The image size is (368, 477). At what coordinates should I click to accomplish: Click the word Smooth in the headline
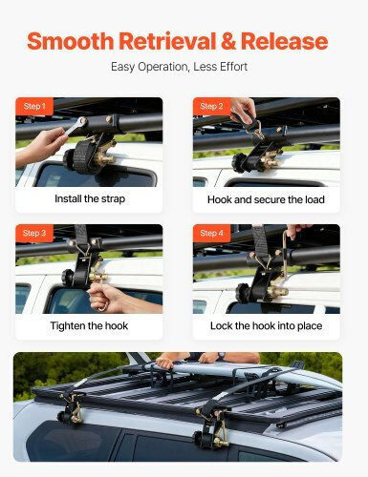coord(71,41)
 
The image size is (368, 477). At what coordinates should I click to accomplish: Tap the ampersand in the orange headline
coord(228,41)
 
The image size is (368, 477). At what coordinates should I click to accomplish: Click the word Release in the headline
coord(284,41)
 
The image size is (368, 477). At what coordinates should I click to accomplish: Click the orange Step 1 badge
coord(34,106)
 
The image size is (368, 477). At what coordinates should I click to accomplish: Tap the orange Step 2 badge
coord(211,106)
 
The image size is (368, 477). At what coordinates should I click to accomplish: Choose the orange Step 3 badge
coord(34,233)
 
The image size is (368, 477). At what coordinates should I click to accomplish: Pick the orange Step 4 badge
coord(211,233)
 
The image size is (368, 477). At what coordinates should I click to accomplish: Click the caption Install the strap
coord(90,199)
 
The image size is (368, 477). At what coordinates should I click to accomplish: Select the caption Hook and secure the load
coord(266,199)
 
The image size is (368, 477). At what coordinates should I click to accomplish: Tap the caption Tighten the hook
coord(89,326)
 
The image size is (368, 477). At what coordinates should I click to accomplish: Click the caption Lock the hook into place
coord(266,326)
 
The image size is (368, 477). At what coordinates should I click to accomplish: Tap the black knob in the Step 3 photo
coord(68,278)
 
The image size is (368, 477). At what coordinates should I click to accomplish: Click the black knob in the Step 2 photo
coord(238,162)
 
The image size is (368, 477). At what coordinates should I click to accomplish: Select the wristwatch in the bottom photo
coord(221,356)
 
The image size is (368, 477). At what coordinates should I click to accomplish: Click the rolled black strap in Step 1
coord(82,156)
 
